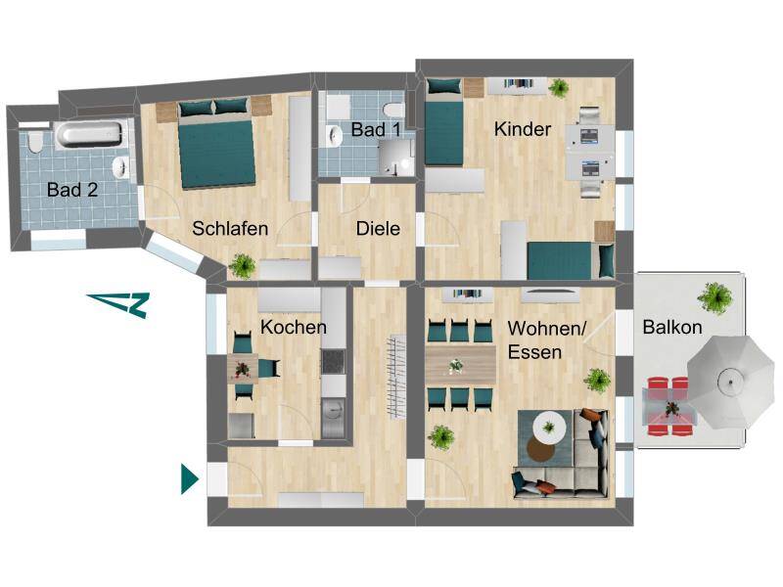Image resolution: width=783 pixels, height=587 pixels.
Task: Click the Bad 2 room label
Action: click(72, 190)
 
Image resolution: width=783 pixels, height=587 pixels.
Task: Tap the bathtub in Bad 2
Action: click(88, 134)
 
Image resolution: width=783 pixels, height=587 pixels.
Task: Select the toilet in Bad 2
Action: click(35, 142)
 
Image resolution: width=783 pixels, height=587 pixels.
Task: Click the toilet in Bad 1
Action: click(394, 110)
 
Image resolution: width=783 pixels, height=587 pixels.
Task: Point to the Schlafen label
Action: click(230, 229)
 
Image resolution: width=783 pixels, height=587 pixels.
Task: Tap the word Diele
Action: click(378, 229)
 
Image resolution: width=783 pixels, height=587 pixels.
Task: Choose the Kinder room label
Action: click(523, 129)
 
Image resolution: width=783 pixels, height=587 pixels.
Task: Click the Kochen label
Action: click(294, 327)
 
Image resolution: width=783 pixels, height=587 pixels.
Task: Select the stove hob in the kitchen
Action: click(333, 362)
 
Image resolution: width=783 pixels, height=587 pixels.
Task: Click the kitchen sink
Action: click(333, 410)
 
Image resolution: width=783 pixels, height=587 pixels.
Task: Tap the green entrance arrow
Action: click(189, 479)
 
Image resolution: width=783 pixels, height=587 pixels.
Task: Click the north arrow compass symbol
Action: click(119, 304)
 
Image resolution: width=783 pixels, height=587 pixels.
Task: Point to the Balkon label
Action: click(672, 327)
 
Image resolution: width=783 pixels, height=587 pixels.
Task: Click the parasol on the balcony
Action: click(731, 383)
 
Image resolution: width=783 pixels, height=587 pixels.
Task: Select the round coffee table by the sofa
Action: click(549, 429)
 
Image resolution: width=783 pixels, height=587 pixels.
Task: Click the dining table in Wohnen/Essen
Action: click(460, 365)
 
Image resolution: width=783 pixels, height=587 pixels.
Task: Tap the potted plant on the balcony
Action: click(715, 298)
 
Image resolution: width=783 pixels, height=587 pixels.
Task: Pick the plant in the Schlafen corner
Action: click(243, 265)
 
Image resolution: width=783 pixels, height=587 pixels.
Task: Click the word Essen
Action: click(534, 352)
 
